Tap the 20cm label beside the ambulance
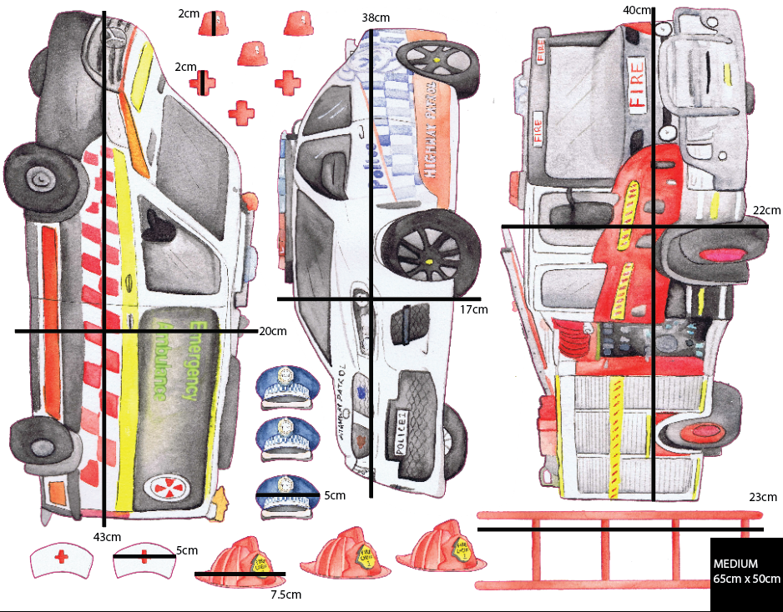click(273, 331)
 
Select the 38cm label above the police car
click(376, 18)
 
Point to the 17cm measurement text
click(473, 309)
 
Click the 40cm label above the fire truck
click(637, 9)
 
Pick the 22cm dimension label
click(766, 210)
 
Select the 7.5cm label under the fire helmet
click(285, 594)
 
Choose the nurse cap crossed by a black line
click(143, 561)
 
